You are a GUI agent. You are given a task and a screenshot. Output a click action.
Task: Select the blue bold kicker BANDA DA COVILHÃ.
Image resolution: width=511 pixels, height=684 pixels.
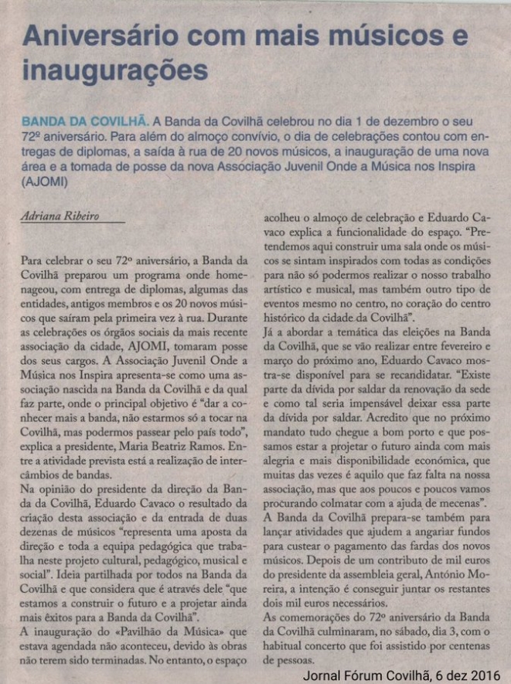[x=84, y=121]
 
